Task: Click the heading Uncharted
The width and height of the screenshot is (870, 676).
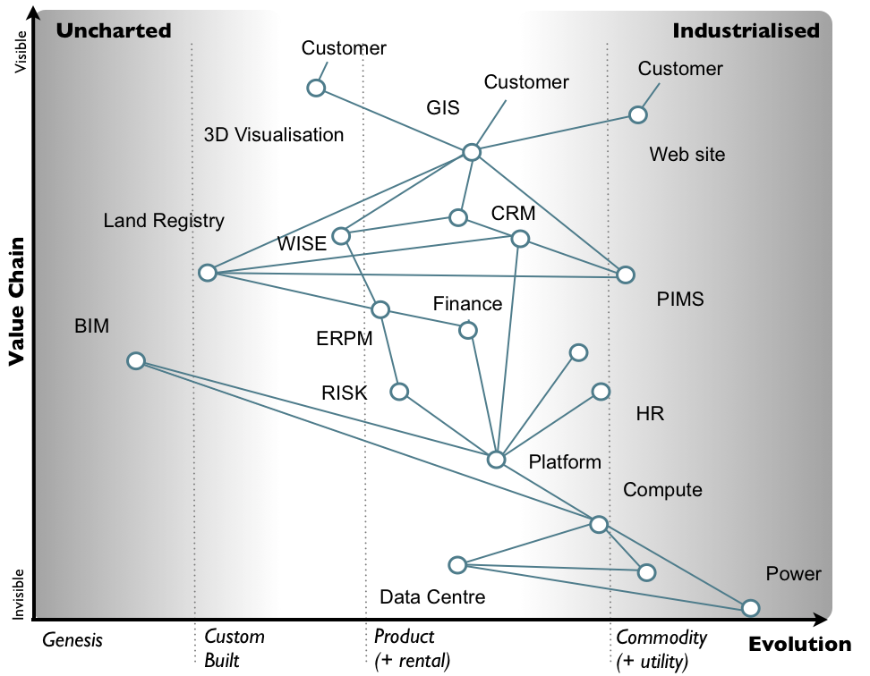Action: (113, 30)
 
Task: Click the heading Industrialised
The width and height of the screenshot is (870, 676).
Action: (746, 30)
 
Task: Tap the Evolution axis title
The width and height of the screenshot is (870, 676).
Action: (799, 645)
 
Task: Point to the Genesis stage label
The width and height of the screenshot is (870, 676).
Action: (73, 640)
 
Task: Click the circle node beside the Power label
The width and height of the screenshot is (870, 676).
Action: (750, 608)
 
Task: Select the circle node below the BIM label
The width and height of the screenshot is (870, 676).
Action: (136, 360)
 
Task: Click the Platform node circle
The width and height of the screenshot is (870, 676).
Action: (496, 460)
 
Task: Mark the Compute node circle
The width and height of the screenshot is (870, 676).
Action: (599, 524)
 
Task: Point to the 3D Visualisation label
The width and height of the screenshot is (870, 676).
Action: (274, 135)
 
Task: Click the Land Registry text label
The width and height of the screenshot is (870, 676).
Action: (164, 220)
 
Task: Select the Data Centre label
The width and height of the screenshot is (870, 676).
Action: (432, 596)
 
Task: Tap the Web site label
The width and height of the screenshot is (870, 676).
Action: (687, 155)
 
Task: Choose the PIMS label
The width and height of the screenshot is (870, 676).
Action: (680, 300)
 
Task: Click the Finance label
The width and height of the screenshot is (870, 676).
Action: (467, 304)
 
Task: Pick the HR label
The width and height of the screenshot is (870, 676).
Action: (650, 414)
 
